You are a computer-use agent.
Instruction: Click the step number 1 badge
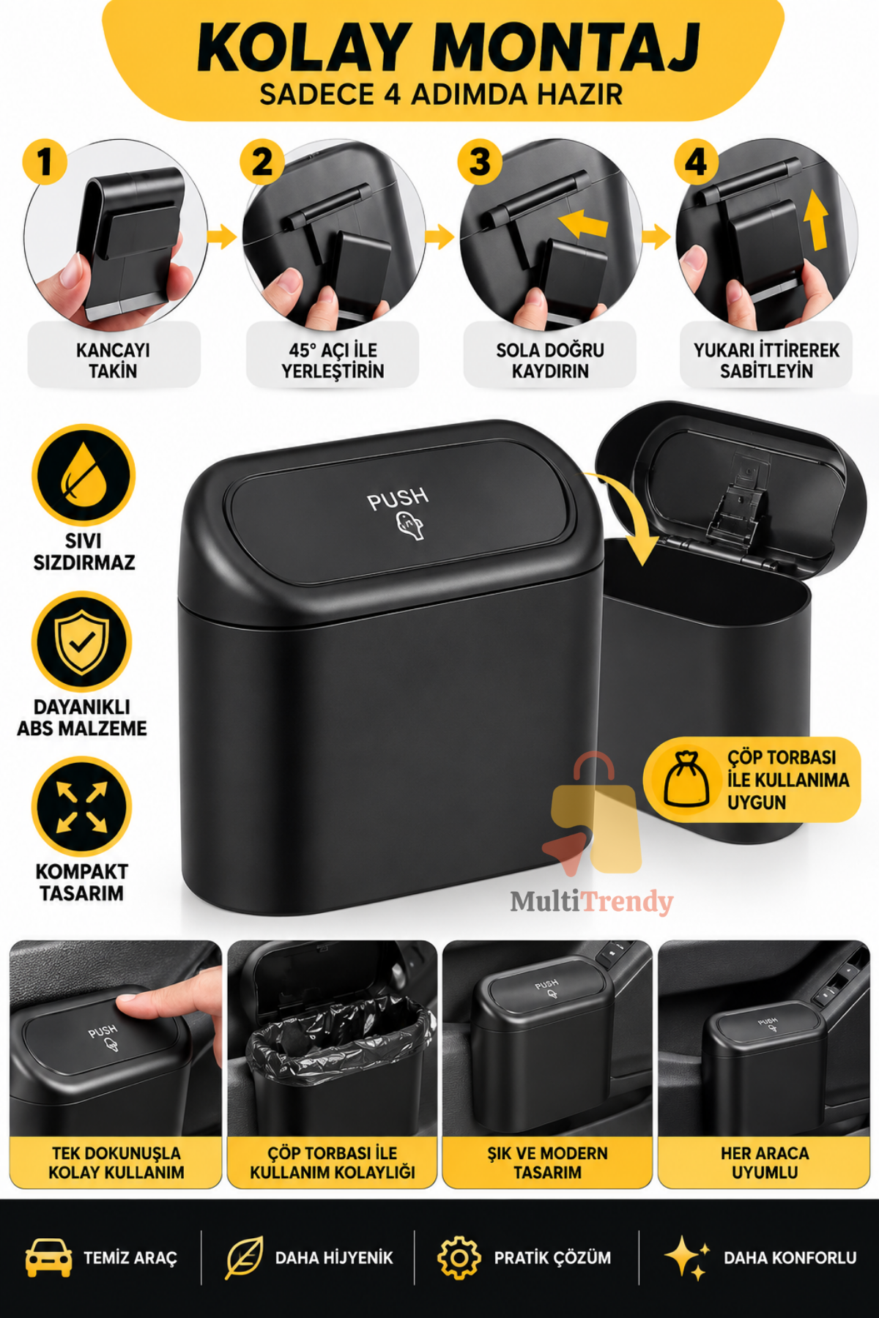point(45,161)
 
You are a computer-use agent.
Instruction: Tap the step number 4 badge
point(697,161)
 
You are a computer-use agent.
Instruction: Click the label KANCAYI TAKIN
point(113,360)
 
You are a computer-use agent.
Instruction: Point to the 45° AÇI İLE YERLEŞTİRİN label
point(333,360)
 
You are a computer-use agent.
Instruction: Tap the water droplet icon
point(84,474)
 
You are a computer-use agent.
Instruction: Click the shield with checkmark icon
point(82,641)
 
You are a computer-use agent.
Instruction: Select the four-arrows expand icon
point(82,807)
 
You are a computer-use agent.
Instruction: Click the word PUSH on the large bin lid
point(398,499)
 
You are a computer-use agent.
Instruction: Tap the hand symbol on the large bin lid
point(409,526)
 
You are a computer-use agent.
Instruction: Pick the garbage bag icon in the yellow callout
point(686,779)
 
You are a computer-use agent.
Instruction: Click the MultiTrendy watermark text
point(592,901)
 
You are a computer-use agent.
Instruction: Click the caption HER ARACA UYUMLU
point(765,1163)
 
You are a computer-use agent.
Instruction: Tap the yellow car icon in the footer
point(48,1258)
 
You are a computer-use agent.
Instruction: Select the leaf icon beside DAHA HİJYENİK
point(244,1258)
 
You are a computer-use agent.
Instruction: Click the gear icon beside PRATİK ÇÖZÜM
point(459,1258)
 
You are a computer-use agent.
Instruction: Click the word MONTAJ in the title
point(566,48)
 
